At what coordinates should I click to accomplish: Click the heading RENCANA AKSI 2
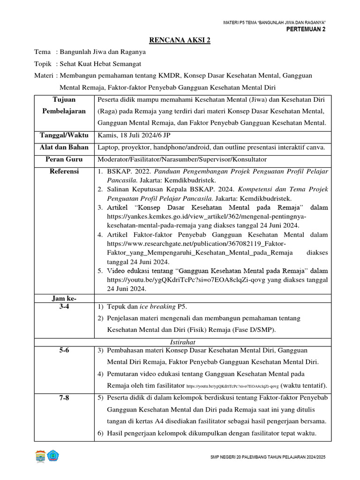point(180,40)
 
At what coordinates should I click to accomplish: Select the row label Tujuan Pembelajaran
point(65,105)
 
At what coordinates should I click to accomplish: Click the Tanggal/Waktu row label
point(65,136)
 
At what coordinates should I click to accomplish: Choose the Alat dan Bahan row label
point(65,148)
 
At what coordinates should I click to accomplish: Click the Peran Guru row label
point(65,159)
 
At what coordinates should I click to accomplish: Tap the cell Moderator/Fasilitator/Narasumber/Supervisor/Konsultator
point(182,159)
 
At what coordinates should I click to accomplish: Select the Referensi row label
point(65,172)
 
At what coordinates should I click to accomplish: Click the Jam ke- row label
point(65,298)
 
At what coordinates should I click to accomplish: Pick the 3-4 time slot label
point(65,307)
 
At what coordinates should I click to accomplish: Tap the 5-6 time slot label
point(65,350)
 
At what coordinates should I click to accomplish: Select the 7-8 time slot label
point(65,398)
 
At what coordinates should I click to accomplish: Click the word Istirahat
point(182,342)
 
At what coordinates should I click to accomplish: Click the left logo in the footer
point(40,456)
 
